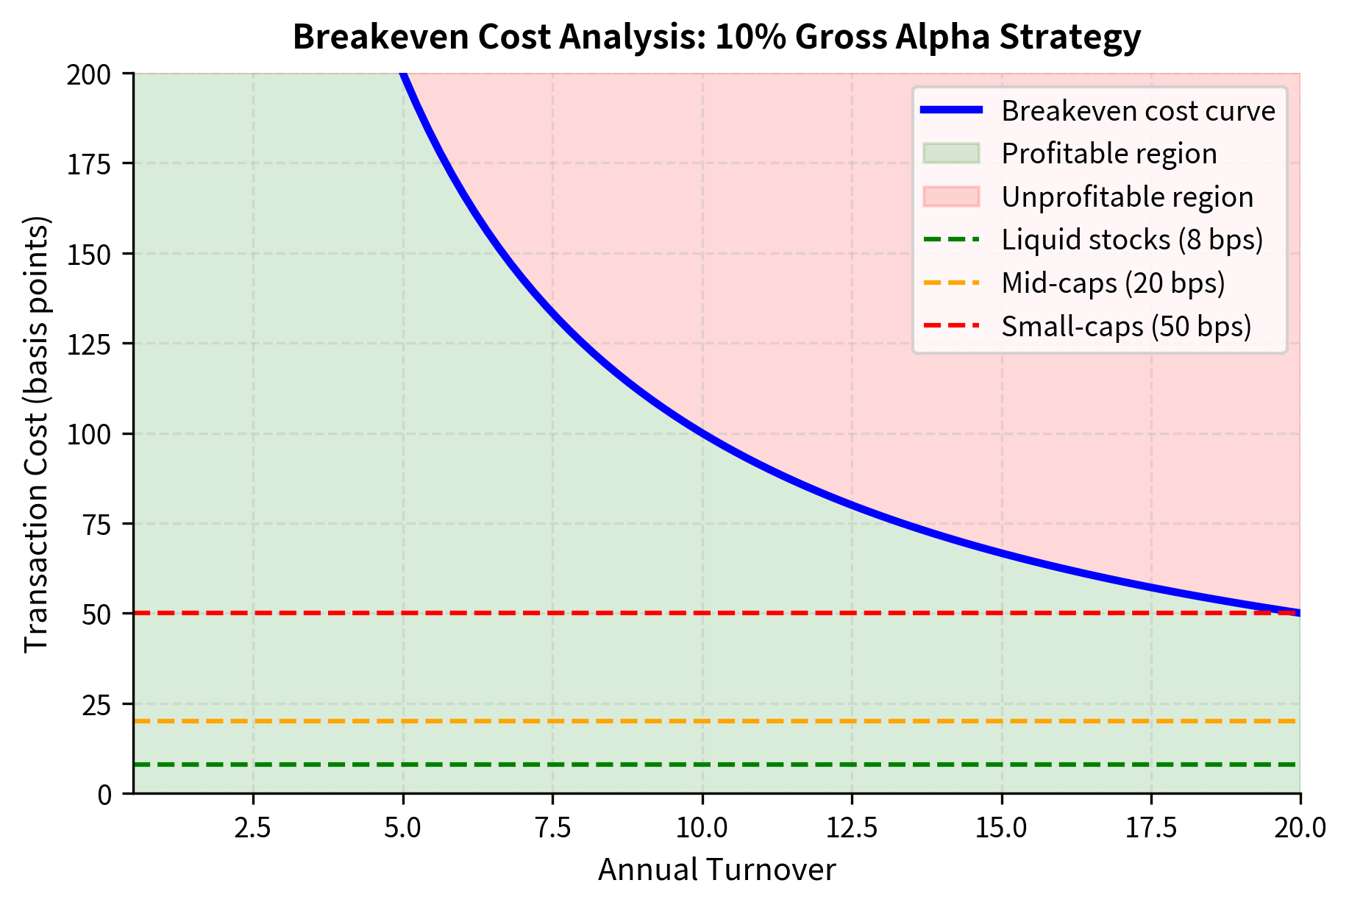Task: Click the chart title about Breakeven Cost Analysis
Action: (716, 37)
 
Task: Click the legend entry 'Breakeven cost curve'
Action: (1137, 111)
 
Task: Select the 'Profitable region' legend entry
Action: (1108, 154)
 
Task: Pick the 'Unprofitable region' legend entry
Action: (1127, 197)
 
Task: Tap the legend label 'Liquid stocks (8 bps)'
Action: (1132, 240)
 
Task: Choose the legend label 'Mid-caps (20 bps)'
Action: (1113, 283)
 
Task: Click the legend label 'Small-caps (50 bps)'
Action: (1126, 326)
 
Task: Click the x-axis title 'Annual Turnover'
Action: (716, 870)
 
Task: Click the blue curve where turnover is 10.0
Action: (702, 433)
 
